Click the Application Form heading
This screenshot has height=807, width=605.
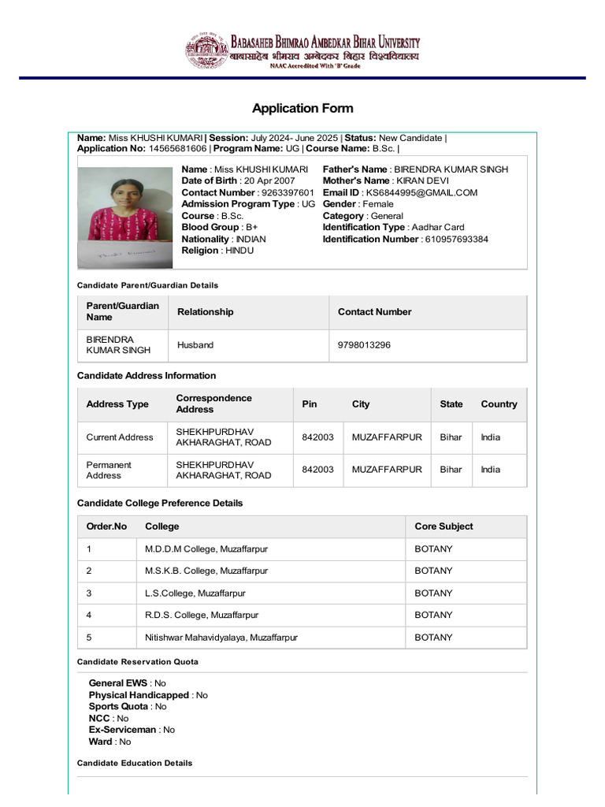[302, 108]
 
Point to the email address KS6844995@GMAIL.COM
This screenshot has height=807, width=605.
[421, 193]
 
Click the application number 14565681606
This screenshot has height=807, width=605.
[177, 148]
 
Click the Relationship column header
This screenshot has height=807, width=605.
[206, 312]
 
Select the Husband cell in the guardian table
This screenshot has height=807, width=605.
[195, 345]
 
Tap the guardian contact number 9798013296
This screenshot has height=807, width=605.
[364, 345]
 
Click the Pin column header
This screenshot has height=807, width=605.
[310, 404]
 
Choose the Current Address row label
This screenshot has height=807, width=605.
[120, 437]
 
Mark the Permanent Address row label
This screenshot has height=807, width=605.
[109, 470]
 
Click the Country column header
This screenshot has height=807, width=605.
[499, 404]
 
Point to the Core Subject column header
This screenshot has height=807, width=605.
[444, 526]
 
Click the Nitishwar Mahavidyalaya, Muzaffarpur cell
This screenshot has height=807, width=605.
[221, 637]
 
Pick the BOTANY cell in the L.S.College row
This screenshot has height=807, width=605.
[433, 593]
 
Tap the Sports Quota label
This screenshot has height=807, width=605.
[118, 707]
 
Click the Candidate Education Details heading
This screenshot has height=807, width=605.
[135, 763]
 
